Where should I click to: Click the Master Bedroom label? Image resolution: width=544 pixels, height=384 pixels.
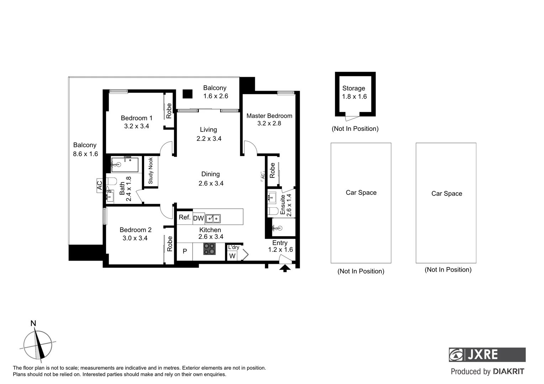269,116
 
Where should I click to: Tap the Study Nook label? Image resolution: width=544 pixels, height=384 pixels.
151,171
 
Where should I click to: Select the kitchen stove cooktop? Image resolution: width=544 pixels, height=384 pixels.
209,249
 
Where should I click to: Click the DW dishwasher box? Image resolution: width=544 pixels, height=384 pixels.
198,219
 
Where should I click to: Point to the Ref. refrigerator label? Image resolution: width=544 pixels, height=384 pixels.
184,217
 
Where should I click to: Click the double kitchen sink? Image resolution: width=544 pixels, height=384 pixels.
213,219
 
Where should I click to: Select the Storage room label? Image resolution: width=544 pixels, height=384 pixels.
354,89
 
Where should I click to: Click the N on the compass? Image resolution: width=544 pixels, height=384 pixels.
33,324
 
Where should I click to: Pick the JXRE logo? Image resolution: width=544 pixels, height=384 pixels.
487,354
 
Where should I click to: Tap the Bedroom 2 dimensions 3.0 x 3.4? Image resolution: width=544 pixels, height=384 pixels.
135,238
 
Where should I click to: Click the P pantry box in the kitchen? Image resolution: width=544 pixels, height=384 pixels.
185,251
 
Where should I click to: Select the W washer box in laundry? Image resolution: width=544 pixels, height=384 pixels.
232,256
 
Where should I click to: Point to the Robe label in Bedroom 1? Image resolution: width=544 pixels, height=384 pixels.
169,111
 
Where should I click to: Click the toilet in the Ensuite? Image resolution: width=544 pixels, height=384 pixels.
273,211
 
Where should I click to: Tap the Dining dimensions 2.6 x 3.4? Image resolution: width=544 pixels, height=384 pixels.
211,183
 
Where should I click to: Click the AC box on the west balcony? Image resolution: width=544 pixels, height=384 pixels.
100,186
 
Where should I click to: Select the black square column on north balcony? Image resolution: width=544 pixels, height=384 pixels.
187,94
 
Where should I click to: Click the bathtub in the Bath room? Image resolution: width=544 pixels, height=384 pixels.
125,165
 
